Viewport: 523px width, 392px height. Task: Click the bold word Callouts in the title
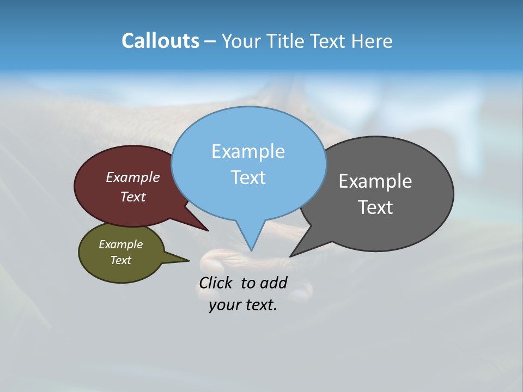pyautogui.click(x=160, y=41)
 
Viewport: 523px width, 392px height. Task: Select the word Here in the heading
pyautogui.click(x=372, y=41)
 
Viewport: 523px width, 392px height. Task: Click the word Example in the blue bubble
pyautogui.click(x=248, y=151)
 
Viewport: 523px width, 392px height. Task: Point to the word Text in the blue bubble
pyautogui.click(x=248, y=177)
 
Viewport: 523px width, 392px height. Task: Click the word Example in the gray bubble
pyautogui.click(x=375, y=181)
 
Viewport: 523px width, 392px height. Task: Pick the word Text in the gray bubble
pyautogui.click(x=375, y=207)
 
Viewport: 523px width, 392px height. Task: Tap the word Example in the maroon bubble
pyautogui.click(x=133, y=177)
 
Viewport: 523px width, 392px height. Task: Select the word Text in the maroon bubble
pyautogui.click(x=133, y=197)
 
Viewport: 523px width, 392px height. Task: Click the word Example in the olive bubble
pyautogui.click(x=121, y=244)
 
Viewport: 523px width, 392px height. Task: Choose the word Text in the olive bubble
pyautogui.click(x=121, y=260)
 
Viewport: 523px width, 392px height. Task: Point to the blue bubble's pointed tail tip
pyautogui.click(x=252, y=250)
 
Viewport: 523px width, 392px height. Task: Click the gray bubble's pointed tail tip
pyautogui.click(x=290, y=256)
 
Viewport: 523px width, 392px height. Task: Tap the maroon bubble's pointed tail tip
pyautogui.click(x=208, y=231)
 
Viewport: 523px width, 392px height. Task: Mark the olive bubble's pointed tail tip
pyautogui.click(x=188, y=260)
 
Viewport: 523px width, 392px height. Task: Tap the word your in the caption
pyautogui.click(x=224, y=305)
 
